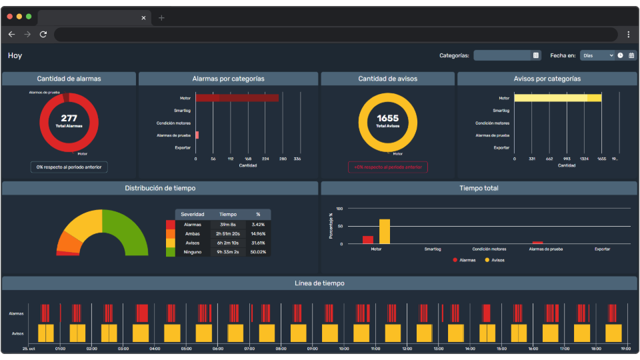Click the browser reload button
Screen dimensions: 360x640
(x=43, y=34)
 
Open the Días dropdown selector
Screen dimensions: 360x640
(x=597, y=55)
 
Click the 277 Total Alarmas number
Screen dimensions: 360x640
(x=69, y=119)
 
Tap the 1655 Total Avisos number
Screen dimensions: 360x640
(x=387, y=119)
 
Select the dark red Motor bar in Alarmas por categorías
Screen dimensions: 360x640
(x=237, y=98)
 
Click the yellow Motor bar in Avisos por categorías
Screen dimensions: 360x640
(x=557, y=98)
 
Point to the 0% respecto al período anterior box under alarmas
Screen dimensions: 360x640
(x=69, y=167)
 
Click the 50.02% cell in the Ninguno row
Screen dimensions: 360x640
(x=258, y=252)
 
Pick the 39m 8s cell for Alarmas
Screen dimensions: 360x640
(x=228, y=224)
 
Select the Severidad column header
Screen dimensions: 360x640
(x=192, y=214)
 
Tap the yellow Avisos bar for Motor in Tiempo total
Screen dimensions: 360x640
(x=384, y=231)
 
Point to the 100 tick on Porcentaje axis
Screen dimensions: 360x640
(x=339, y=209)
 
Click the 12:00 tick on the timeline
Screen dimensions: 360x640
(x=407, y=349)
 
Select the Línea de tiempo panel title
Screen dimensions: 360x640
(x=319, y=283)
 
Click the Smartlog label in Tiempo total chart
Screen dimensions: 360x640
(x=432, y=249)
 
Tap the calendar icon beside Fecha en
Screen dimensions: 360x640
(x=631, y=55)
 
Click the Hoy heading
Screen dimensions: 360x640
(x=15, y=56)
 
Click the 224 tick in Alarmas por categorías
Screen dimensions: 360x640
(x=265, y=159)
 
